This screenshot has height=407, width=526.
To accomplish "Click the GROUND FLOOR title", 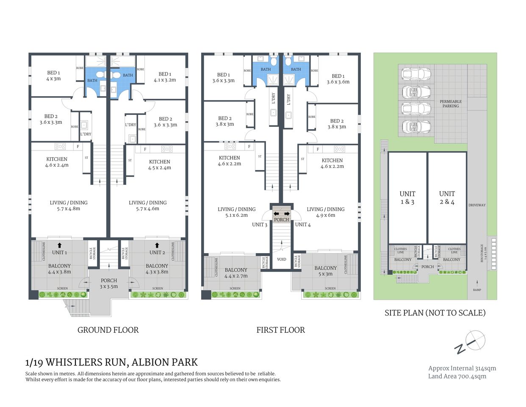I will pos(108,330).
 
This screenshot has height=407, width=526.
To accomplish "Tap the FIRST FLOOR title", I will pos(280,330).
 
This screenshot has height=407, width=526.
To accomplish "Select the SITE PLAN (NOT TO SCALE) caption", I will pos(435,313).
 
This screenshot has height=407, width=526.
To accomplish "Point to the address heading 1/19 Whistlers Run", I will pos(112,362).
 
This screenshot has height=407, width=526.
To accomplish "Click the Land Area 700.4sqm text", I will pos(457,376).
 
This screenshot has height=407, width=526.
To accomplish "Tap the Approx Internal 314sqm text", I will pos(462,368).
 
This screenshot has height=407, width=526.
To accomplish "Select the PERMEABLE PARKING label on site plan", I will pos(451,103).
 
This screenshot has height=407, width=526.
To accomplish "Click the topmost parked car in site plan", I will pos(417,74).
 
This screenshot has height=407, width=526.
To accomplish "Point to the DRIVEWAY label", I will pos(477,205).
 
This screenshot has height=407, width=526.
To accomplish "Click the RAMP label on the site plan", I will pos(477,290).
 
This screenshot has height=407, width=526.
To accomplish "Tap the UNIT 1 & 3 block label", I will pos(407,198).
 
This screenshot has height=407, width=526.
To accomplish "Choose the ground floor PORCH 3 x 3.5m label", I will pos(109,283).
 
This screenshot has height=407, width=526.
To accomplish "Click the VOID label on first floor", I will pos(282,259).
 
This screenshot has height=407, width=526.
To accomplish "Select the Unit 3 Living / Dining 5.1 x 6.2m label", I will pos(236,212).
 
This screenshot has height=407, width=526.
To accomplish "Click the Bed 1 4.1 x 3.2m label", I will pos(165,77).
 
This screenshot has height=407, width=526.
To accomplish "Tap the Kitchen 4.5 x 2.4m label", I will pos(160,164).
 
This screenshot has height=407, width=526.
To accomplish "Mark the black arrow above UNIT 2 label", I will pos(157,245).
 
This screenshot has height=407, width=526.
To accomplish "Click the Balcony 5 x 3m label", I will pos(325,270).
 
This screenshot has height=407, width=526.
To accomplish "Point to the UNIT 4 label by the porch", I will pos(303,225).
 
